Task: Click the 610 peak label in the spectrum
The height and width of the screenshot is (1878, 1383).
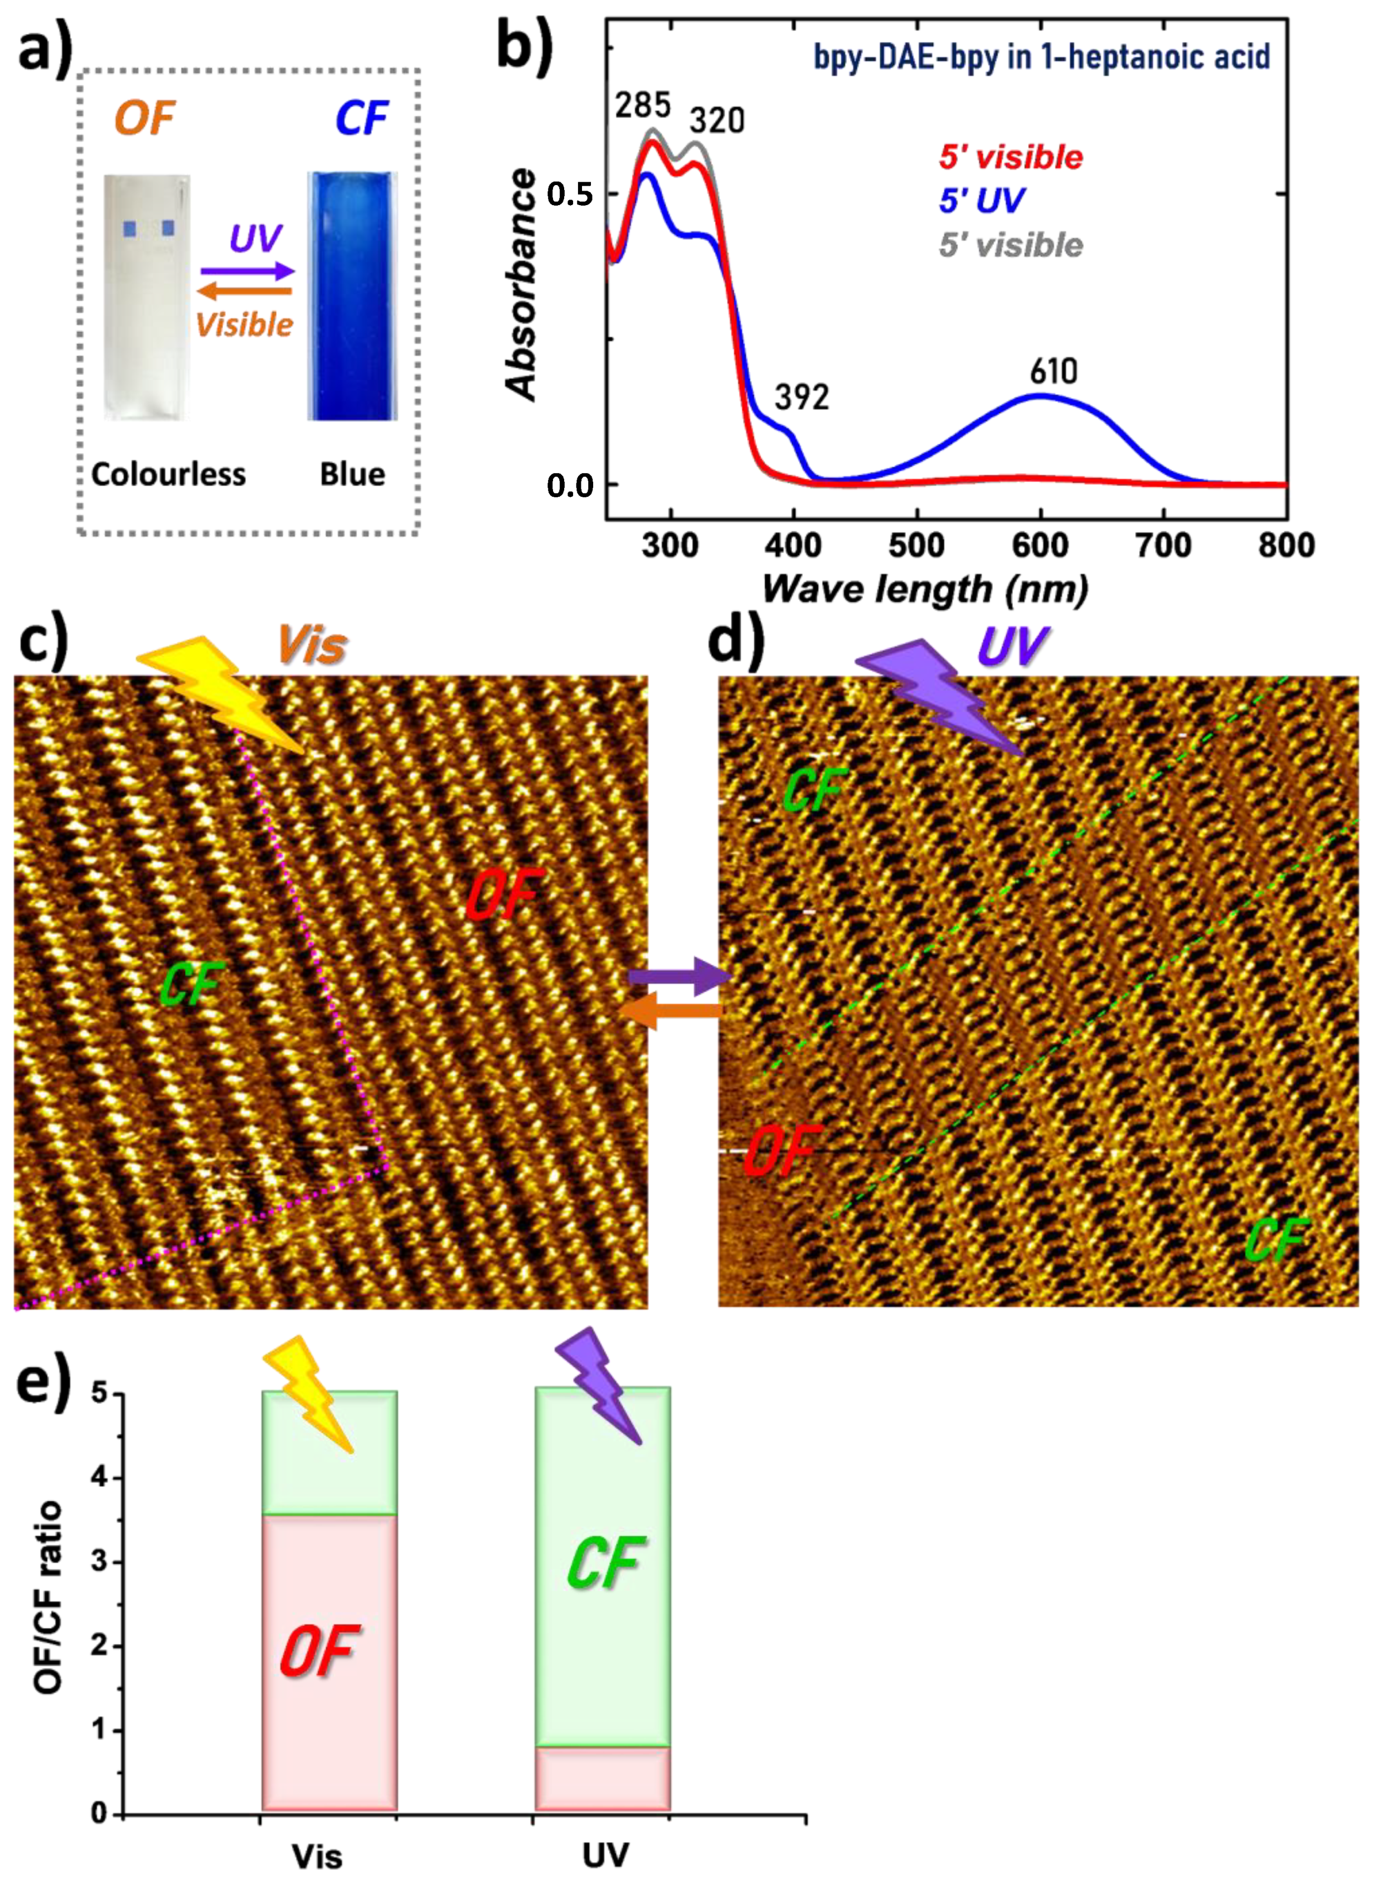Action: pyautogui.click(x=1053, y=371)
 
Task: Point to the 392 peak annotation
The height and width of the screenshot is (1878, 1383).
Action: pyautogui.click(x=801, y=397)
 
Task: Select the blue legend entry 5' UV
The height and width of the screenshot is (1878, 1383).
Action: pyautogui.click(x=981, y=201)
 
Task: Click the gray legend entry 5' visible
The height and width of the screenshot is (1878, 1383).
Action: pyautogui.click(x=1011, y=245)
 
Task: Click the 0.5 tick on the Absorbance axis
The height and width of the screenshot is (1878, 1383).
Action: pyautogui.click(x=569, y=194)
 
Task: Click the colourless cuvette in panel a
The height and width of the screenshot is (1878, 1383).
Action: pyautogui.click(x=147, y=297)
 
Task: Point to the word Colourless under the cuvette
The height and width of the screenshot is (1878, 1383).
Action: pyautogui.click(x=168, y=475)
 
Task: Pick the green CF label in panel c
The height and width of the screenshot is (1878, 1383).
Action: pyautogui.click(x=191, y=984)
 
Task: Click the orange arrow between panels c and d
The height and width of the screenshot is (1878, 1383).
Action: pyautogui.click(x=669, y=1011)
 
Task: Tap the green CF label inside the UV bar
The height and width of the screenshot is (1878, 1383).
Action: pyautogui.click(x=604, y=1562)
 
